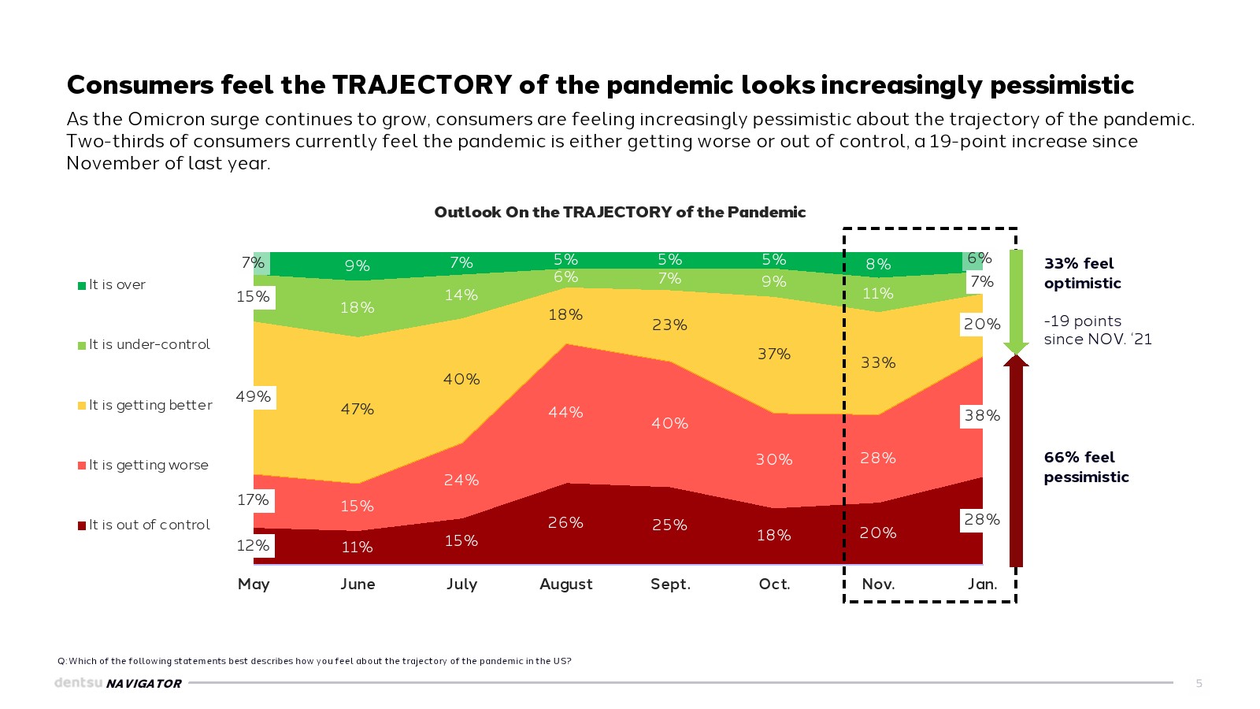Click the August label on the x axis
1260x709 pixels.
[565, 584]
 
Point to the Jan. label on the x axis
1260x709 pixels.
[982, 584]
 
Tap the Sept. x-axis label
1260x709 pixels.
[670, 584]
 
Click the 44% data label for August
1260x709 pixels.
[565, 412]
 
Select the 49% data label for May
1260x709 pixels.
[254, 396]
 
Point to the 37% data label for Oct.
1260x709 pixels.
[774, 354]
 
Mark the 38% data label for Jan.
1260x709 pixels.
[982, 415]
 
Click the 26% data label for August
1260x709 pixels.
[565, 522]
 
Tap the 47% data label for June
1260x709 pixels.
[358, 409]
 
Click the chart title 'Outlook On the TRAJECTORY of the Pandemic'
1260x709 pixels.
[620, 212]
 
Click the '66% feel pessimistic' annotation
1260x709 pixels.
[1086, 466]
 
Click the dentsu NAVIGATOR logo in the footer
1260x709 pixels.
[118, 683]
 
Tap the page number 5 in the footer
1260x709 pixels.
[1199, 683]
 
